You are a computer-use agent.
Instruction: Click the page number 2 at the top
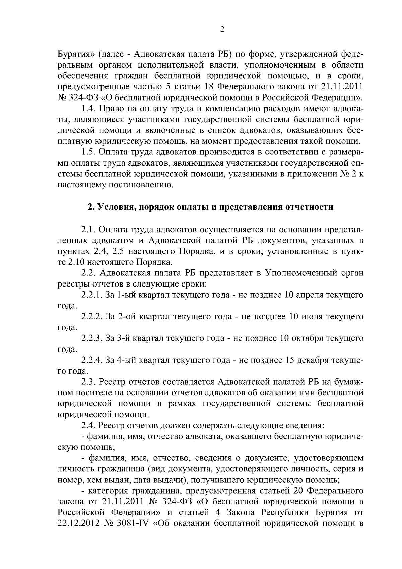click(222, 30)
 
